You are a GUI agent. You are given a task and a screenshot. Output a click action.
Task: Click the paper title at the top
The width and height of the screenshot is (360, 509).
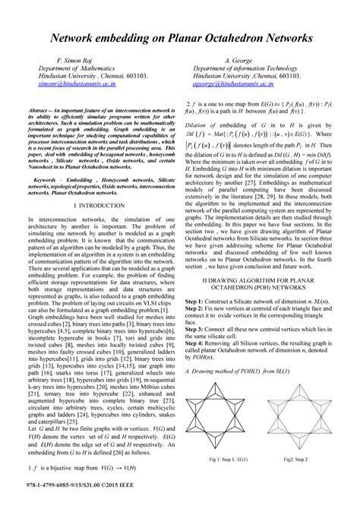[x=180, y=37]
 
